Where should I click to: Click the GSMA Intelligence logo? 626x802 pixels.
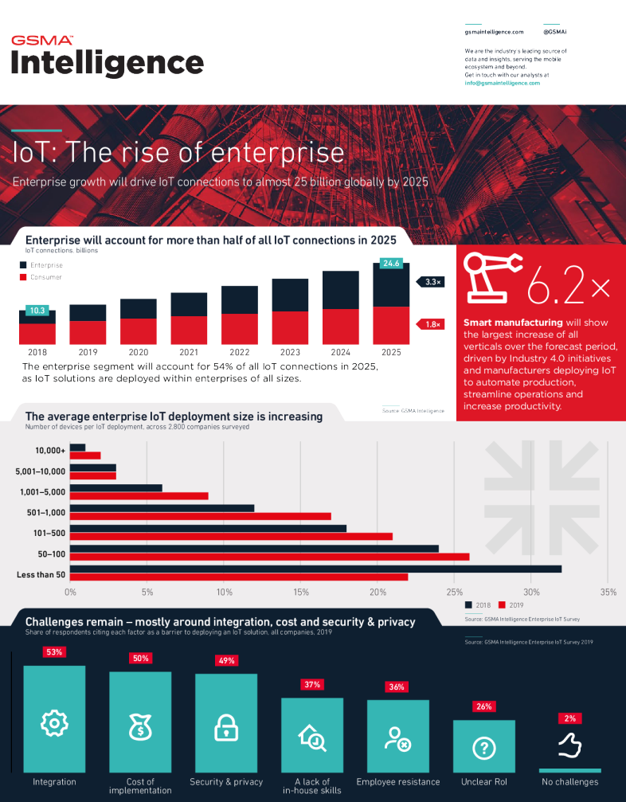point(107,56)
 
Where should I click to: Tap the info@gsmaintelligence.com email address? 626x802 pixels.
point(502,83)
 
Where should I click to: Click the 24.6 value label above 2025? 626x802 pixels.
point(391,263)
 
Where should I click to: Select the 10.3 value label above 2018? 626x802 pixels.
point(37,311)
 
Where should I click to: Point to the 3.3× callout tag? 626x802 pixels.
point(431,282)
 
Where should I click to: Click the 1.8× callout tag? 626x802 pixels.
point(431,324)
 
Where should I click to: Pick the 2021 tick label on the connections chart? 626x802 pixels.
point(189,351)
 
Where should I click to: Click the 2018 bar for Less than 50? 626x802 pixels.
point(315,569)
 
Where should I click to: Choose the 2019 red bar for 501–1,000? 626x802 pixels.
point(200,515)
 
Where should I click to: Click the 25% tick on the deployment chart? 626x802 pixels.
point(455,592)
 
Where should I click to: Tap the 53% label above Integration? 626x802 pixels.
point(54,651)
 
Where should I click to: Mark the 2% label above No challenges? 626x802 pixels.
point(569,718)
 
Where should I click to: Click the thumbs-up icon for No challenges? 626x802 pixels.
point(569,745)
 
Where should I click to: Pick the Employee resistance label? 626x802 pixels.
point(397,782)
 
